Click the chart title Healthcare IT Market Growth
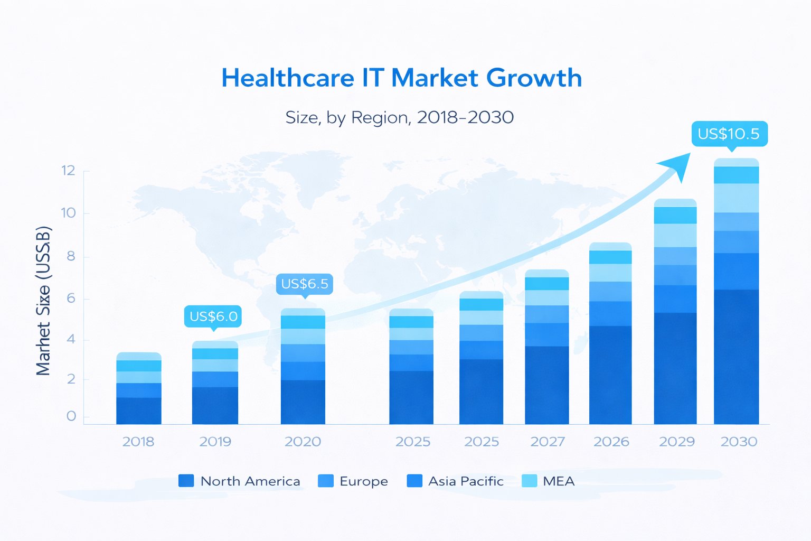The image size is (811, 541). [x=401, y=78]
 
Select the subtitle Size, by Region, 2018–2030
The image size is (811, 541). [x=399, y=117]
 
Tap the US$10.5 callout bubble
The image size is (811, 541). [x=729, y=134]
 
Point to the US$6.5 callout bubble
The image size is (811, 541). [x=305, y=284]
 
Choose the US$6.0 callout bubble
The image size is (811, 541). [x=213, y=316]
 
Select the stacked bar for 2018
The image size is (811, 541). [x=139, y=388]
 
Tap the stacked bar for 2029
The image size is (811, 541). [x=675, y=312]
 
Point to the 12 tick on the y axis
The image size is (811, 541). [x=69, y=171]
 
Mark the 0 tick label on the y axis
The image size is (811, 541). [x=71, y=416]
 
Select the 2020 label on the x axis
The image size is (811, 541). [x=303, y=442]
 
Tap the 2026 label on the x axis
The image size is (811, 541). [x=611, y=442]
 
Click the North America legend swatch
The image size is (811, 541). [x=186, y=481]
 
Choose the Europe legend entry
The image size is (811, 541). [x=353, y=481]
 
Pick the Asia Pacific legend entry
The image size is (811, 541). [x=455, y=481]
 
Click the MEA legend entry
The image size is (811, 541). [x=548, y=481]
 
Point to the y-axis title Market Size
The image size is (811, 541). [x=43, y=301]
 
